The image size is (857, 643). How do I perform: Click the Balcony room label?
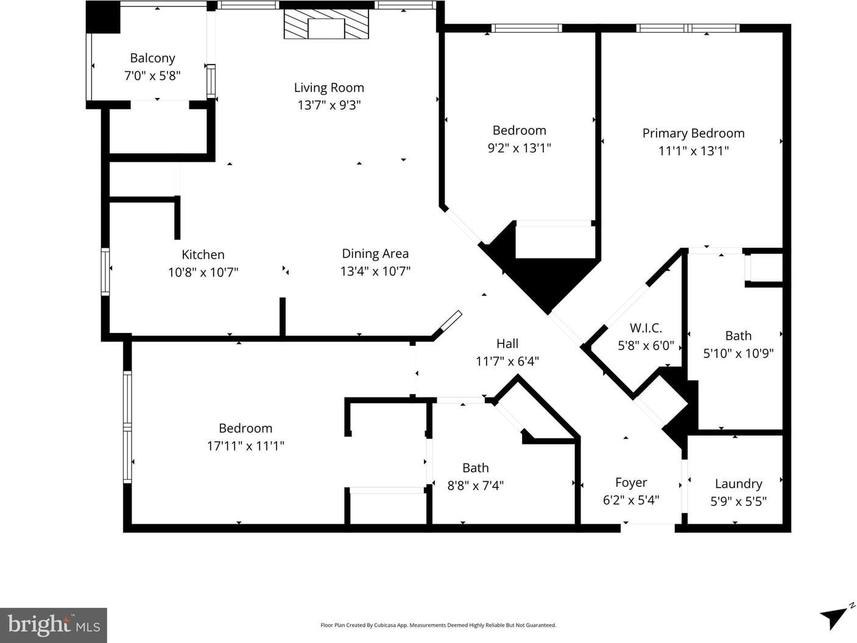152,58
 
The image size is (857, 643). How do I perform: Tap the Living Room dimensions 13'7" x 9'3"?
329,105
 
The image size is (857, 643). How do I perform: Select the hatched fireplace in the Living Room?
326,24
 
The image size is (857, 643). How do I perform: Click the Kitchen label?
203,255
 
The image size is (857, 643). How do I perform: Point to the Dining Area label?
375,254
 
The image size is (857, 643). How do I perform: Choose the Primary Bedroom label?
693,133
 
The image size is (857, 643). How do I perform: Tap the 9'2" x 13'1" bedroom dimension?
520,148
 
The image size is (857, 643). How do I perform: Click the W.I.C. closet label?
646,328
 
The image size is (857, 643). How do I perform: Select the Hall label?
507,344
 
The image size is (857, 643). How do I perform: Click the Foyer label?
631,483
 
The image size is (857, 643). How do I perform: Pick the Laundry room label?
738,484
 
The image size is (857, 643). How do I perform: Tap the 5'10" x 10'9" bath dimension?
738,354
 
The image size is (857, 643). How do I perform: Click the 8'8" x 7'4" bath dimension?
475,486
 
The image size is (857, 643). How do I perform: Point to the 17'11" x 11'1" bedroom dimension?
245,446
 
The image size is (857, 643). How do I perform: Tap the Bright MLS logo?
54,625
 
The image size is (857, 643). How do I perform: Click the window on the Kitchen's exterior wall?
105,272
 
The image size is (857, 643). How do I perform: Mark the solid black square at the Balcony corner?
103,17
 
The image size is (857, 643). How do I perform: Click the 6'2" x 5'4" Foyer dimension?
631,500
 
